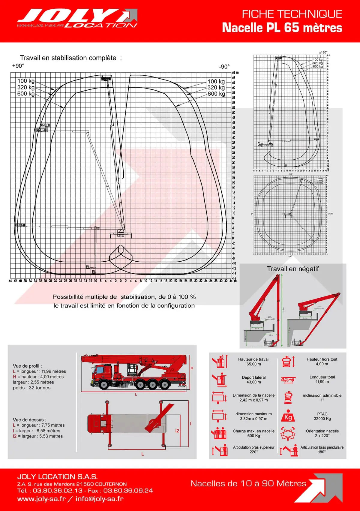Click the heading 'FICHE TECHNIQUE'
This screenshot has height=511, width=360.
pos(292,14)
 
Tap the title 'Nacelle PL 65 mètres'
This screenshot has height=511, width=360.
pos(282,28)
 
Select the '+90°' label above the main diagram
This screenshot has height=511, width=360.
pos(18,66)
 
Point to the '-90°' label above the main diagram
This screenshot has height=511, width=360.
pos(224,66)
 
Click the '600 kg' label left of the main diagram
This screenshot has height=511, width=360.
pos(26,94)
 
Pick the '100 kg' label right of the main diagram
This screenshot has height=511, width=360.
pos(216,81)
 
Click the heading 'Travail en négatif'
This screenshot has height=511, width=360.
pos(293,269)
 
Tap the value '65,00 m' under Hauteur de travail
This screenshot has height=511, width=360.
pos(253,364)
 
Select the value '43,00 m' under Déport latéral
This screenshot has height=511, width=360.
pos(253,382)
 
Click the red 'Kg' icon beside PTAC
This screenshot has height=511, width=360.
pos(288,417)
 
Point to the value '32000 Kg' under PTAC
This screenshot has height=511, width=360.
pos(322,419)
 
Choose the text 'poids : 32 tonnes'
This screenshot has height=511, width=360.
pos(31,388)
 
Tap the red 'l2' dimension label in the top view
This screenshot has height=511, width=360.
pos(177,431)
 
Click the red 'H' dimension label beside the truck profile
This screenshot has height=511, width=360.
pos(192,368)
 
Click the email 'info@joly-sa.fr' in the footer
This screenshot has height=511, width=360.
pos(99,499)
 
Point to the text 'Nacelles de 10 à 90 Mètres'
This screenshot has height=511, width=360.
pos(248,483)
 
